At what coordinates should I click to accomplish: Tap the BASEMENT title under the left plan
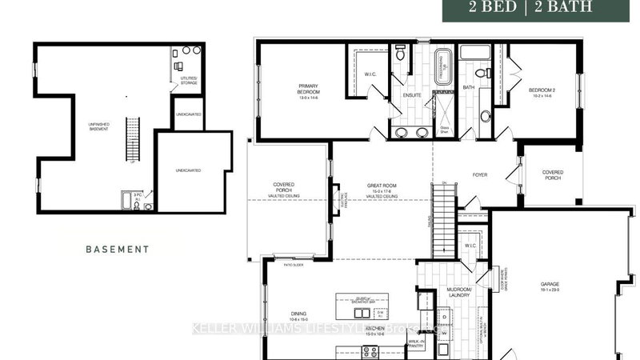[117, 249]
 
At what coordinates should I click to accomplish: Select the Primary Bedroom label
[309, 90]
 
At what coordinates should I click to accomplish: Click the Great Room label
[382, 190]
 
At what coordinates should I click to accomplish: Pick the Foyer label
[480, 174]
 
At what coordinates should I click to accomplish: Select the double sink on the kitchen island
[362, 313]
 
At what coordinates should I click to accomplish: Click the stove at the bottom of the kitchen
[370, 350]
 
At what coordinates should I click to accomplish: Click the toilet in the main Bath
[485, 117]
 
